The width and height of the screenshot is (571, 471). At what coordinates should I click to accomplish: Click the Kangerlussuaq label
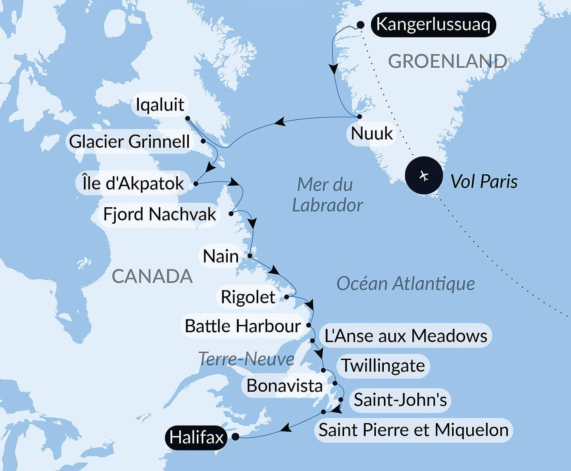coord(433,24)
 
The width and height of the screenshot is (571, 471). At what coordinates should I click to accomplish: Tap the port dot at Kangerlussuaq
coord(360,25)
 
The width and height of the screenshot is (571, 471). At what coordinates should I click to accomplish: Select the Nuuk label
coord(372,133)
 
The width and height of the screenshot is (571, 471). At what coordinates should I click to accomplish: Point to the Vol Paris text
coord(484,181)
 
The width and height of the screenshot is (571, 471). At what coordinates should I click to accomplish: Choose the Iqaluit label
coord(160,104)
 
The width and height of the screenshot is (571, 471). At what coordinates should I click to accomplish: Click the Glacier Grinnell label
coord(129,142)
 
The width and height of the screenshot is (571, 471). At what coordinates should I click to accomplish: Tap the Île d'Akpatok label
coord(133,183)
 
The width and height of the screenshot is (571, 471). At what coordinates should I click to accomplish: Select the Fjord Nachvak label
coord(159,214)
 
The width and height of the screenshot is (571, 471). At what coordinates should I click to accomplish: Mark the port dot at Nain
coord(250,256)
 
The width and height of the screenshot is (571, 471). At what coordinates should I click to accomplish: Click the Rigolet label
coord(248,297)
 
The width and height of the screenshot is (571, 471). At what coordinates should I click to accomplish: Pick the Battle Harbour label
coord(243,326)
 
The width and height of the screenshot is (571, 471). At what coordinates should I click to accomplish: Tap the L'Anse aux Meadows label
coord(406,336)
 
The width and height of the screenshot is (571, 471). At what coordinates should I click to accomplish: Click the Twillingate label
coord(383,366)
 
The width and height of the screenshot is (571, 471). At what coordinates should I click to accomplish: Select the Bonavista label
coord(284,386)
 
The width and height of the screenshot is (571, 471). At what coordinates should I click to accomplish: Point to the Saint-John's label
coord(400,400)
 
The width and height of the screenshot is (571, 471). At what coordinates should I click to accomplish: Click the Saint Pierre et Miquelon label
coord(414,430)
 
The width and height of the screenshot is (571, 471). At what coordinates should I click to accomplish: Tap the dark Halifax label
coord(196,437)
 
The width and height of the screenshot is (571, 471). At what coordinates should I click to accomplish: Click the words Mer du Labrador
coord(327,195)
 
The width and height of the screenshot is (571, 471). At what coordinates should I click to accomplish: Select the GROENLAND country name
coord(447,62)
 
